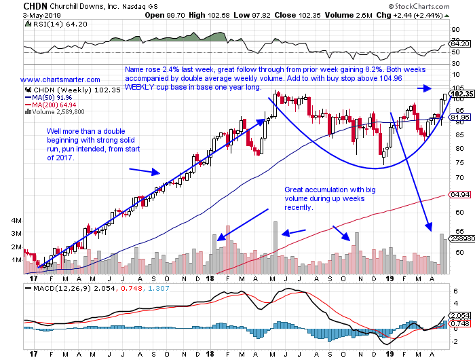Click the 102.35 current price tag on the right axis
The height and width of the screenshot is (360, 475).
[x=461, y=94]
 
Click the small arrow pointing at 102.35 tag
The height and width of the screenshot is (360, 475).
[x=423, y=88]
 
